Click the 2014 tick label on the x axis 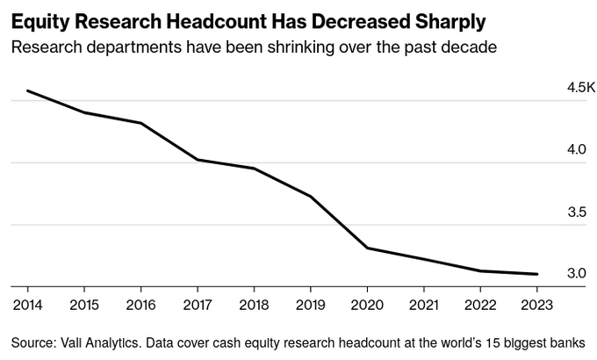[x=27, y=306]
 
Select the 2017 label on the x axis [x=197, y=306]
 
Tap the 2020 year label [x=367, y=306]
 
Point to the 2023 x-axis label [x=536, y=306]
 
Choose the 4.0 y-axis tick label [x=576, y=150]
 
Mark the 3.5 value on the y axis [x=576, y=212]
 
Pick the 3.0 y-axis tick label [x=576, y=274]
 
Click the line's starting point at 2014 [x=28, y=90]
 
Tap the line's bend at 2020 [x=367, y=248]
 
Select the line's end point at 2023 [x=536, y=274]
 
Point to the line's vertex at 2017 [x=197, y=160]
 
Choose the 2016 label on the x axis [x=140, y=306]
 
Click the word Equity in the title [x=36, y=19]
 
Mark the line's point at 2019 [x=310, y=196]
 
